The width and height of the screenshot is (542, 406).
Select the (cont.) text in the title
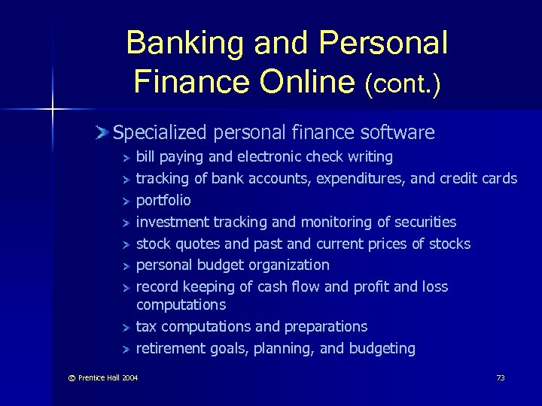click(403, 82)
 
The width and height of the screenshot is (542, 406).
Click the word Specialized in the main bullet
click(160, 133)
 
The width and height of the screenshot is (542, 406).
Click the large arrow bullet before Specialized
click(103, 133)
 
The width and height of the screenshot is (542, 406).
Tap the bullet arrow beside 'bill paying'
click(126, 158)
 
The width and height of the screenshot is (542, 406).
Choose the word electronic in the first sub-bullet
click(269, 157)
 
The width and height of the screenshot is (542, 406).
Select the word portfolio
click(163, 201)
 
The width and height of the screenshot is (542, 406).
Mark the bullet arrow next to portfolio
click(126, 201)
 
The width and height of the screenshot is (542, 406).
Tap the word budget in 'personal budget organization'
click(218, 265)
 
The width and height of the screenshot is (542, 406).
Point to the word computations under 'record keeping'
click(181, 304)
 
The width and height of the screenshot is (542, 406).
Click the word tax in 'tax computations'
click(147, 326)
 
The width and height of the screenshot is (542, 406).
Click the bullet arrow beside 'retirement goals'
click(126, 349)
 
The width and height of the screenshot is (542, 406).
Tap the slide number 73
click(501, 377)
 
